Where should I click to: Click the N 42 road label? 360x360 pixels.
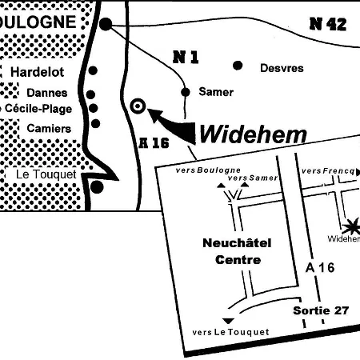tap(327, 23)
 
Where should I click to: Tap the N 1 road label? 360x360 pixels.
tap(186, 56)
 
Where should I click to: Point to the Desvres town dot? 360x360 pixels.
tap(238, 66)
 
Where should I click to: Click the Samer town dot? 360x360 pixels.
tap(186, 91)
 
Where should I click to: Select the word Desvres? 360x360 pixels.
tap(282, 68)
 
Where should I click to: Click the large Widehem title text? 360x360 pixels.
tap(252, 133)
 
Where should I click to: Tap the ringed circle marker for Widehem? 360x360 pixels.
tap(138, 105)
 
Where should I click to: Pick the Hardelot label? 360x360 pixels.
tap(37, 71)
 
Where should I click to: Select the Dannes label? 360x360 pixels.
tap(46, 93)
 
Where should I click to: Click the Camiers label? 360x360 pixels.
tap(49, 128)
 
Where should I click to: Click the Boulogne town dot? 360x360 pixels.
tap(106, 24)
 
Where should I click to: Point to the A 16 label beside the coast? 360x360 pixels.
tap(154, 143)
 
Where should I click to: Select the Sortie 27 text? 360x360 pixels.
tap(321, 310)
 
